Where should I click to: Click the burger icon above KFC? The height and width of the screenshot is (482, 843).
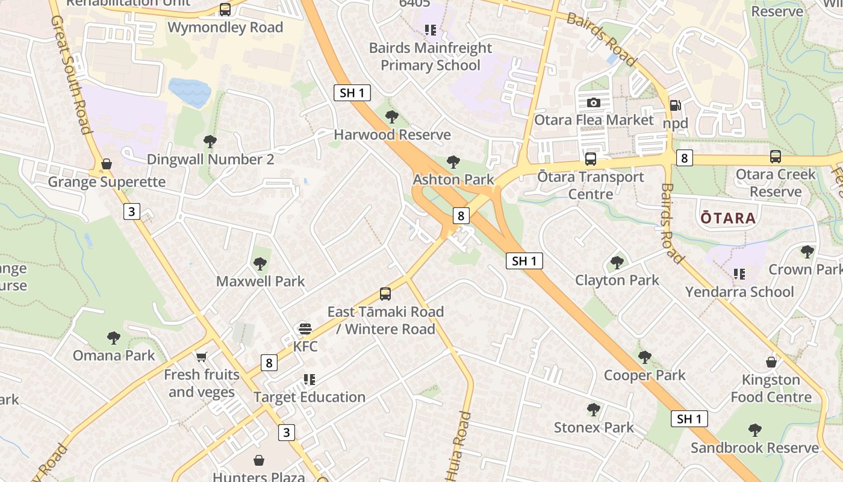pyautogui.click(x=305, y=329)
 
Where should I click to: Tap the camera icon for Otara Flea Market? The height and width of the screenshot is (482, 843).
pyautogui.click(x=593, y=102)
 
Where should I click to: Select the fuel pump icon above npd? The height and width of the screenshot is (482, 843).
pyautogui.click(x=676, y=105)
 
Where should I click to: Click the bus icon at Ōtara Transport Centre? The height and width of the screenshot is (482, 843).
pyautogui.click(x=591, y=159)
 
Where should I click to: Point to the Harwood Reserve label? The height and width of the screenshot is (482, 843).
pyautogui.click(x=392, y=134)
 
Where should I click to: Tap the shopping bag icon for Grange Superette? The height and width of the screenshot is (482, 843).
pyautogui.click(x=107, y=164)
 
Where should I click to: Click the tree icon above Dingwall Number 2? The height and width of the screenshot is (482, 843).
pyautogui.click(x=210, y=142)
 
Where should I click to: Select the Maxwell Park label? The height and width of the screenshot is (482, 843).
pyautogui.click(x=260, y=281)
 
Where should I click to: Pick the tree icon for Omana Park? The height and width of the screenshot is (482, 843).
pyautogui.click(x=114, y=338)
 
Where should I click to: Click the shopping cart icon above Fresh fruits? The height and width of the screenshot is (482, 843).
pyautogui.click(x=201, y=357)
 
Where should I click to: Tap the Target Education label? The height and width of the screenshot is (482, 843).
pyautogui.click(x=310, y=397)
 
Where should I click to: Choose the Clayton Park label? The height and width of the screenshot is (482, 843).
pyautogui.click(x=617, y=280)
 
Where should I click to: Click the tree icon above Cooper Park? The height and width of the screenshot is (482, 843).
pyautogui.click(x=645, y=357)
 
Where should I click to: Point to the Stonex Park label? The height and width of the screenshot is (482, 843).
pyautogui.click(x=594, y=428)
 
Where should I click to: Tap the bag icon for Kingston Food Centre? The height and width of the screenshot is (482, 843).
pyautogui.click(x=771, y=362)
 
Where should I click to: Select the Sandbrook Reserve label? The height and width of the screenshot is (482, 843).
pyautogui.click(x=754, y=448)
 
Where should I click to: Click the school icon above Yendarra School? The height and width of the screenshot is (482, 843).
pyautogui.click(x=739, y=274)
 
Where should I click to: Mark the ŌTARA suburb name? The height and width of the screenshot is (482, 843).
pyautogui.click(x=728, y=218)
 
